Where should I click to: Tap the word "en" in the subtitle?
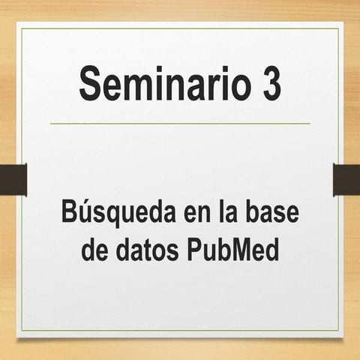197,215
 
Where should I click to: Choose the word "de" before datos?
95,249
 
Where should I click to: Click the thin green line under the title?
180,123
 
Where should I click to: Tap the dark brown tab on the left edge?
13,179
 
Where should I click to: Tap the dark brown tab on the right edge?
346,179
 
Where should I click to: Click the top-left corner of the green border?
22,29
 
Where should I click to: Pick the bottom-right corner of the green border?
338,331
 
